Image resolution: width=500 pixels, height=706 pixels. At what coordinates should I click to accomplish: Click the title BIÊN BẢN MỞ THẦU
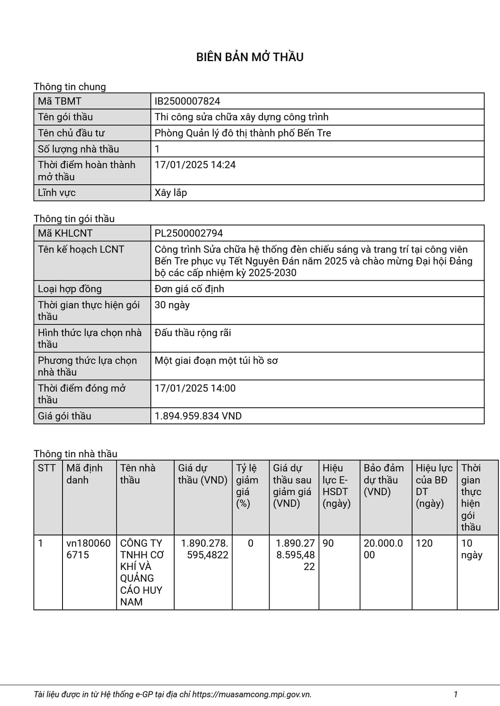tap(250, 57)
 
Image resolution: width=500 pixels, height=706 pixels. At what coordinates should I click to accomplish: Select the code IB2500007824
tap(187, 101)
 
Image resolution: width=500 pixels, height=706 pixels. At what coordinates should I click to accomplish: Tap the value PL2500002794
tap(189, 233)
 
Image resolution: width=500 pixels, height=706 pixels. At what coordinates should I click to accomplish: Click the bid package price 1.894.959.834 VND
tap(198, 416)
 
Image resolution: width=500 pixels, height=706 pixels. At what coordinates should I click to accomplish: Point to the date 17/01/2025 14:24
tap(195, 165)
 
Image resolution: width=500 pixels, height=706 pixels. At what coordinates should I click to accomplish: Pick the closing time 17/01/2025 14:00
tap(195, 388)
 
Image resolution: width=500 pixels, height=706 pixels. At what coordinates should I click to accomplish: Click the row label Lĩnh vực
tap(57, 193)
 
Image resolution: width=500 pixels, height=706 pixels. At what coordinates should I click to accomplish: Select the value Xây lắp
tap(171, 193)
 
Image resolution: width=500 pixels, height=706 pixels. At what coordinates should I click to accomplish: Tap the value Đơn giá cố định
tap(189, 289)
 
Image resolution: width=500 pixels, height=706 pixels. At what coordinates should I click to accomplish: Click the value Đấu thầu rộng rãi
tap(192, 333)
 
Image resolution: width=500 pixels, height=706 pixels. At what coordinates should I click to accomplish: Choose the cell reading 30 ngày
tap(172, 305)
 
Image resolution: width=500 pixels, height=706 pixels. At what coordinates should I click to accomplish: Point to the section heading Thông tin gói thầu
tap(74, 219)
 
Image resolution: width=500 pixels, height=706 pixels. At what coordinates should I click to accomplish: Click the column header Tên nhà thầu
tap(137, 474)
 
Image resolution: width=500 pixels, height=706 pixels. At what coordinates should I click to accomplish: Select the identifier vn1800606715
tap(88, 549)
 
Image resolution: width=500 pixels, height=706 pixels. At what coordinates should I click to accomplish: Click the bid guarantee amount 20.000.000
tap(383, 549)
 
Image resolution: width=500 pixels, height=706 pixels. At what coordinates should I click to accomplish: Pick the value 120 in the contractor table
tap(424, 543)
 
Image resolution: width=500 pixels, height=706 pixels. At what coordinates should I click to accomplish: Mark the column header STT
tap(47, 468)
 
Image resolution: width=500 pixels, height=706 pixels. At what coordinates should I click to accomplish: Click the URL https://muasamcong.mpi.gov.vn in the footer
tap(252, 694)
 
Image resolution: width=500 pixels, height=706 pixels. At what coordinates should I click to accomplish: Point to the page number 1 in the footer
tap(455, 694)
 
